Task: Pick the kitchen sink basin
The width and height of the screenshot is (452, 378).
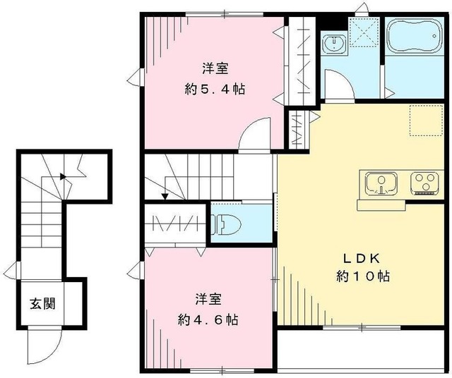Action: tap(382, 183)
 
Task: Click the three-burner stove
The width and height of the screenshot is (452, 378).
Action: tap(425, 183)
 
